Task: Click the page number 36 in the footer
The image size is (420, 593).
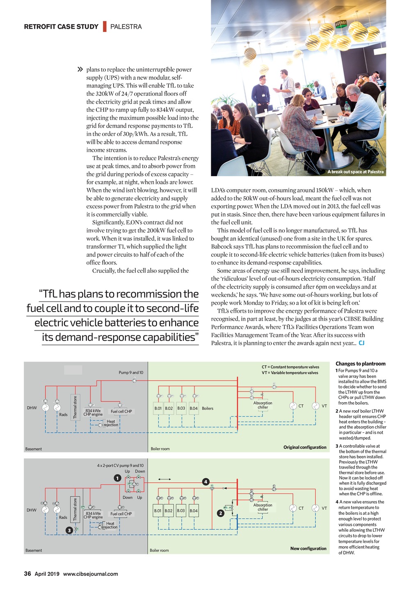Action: click(x=27, y=574)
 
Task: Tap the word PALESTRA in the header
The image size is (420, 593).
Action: click(x=126, y=27)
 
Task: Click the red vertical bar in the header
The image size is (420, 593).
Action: click(x=105, y=26)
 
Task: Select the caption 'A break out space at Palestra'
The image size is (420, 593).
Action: click(x=355, y=172)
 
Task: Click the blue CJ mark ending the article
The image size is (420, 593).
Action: click(x=362, y=343)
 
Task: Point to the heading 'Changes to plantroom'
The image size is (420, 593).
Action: click(x=361, y=364)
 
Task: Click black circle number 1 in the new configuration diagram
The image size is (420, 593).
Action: click(x=117, y=478)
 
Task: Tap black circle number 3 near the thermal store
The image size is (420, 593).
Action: click(x=69, y=530)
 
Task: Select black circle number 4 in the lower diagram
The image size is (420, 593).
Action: click(x=206, y=482)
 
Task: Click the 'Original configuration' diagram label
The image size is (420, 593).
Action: click(x=305, y=447)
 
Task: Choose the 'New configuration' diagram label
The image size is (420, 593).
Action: click(x=308, y=548)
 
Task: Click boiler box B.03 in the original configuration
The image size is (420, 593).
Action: click(x=181, y=408)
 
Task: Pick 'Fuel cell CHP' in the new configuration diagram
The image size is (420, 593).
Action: click(x=121, y=514)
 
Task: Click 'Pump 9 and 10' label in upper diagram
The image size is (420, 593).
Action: click(x=131, y=373)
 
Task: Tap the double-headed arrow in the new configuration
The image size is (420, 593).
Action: click(x=164, y=479)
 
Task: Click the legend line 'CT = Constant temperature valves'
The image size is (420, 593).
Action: click(x=290, y=367)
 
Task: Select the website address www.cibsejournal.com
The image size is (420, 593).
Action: click(x=90, y=574)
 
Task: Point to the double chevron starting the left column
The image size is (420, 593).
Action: click(x=80, y=70)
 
